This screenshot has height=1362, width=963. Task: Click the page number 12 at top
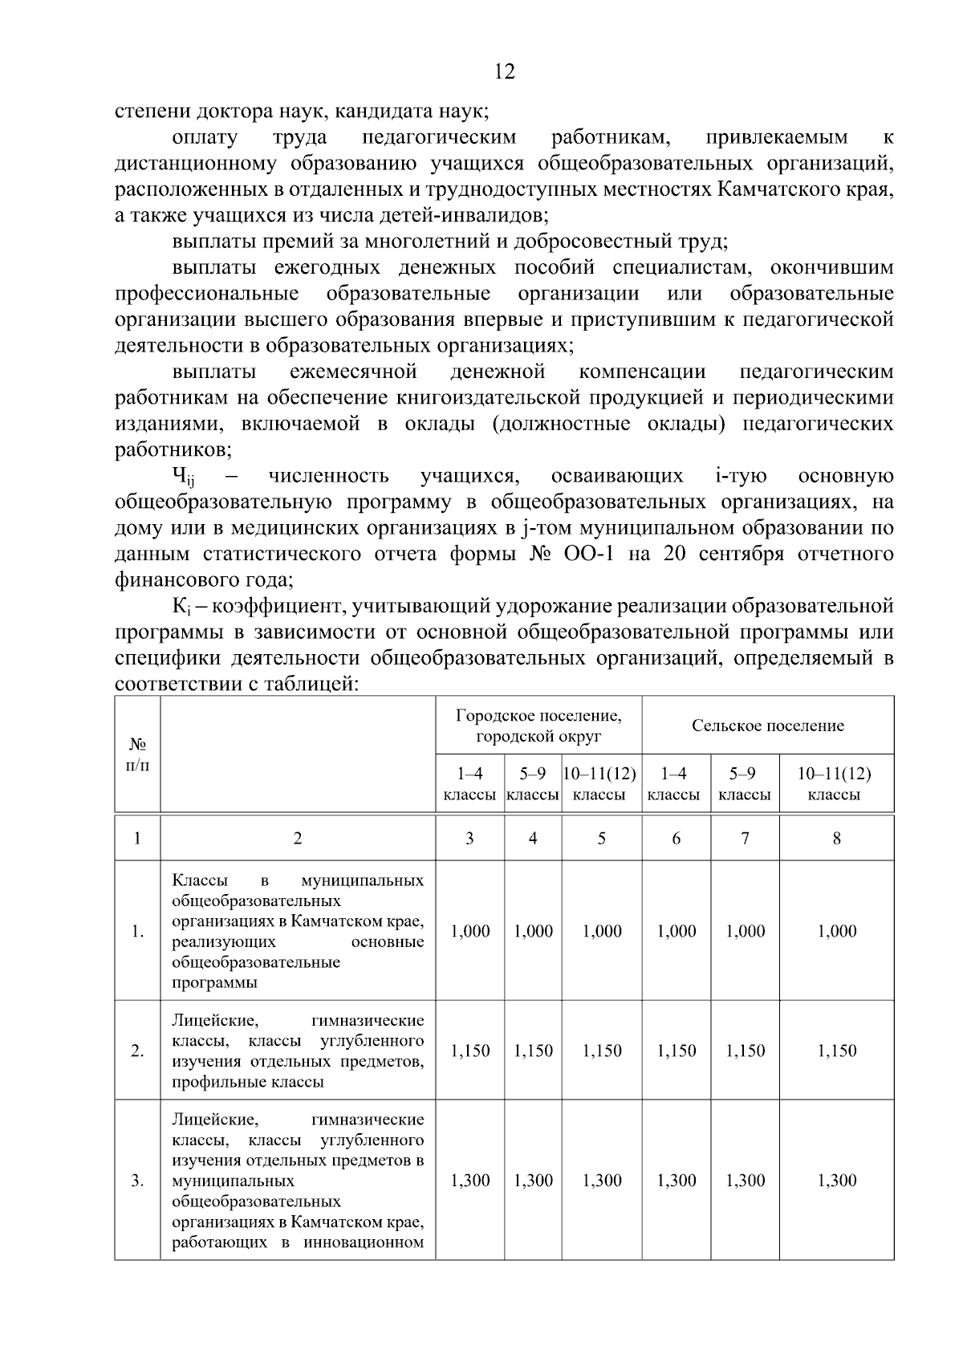coord(505,71)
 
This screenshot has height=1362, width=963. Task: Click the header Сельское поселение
coord(767,726)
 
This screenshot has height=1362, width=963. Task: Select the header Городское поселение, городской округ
coord(538,726)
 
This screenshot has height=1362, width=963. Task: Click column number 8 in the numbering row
coord(836,839)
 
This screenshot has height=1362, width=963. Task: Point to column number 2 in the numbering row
coord(298,839)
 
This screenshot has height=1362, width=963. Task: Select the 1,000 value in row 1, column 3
coord(470,931)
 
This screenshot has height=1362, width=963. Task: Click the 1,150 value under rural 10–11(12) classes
coord(836,1051)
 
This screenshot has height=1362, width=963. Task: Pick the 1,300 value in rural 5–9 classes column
coord(745,1180)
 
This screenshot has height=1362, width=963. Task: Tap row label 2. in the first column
coord(137,1051)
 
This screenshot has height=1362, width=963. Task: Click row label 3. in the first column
coord(137,1180)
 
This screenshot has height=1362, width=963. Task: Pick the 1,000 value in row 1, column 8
coord(836,931)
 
